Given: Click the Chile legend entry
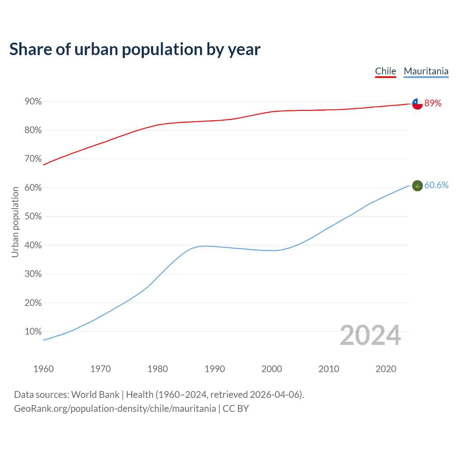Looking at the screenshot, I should pyautogui.click(x=385, y=71).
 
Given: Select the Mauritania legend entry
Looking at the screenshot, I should pyautogui.click(x=426, y=71).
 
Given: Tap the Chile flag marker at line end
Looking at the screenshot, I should pyautogui.click(x=417, y=104).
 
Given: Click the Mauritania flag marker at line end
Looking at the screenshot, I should pyautogui.click(x=417, y=186).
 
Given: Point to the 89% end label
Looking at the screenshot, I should pyautogui.click(x=433, y=103).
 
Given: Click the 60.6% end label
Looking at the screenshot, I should pyautogui.click(x=436, y=185).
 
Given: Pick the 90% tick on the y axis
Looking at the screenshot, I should pyautogui.click(x=33, y=102).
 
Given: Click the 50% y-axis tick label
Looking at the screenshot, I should pyautogui.click(x=33, y=216).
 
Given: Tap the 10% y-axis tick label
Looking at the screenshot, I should pyautogui.click(x=33, y=332).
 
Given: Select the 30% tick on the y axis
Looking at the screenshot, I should pyautogui.click(x=33, y=274).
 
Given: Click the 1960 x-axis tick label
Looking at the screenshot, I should pyautogui.click(x=43, y=369).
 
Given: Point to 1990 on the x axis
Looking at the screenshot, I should pyautogui.click(x=215, y=369).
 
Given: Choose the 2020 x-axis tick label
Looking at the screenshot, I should pyautogui.click(x=386, y=369).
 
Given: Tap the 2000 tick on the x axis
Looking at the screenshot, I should pyautogui.click(x=272, y=369).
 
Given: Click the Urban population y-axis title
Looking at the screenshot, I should pyautogui.click(x=15, y=222).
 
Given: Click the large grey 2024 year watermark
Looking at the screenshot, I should pyautogui.click(x=370, y=336).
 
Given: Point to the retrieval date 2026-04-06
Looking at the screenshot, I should pyautogui.click(x=276, y=395).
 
